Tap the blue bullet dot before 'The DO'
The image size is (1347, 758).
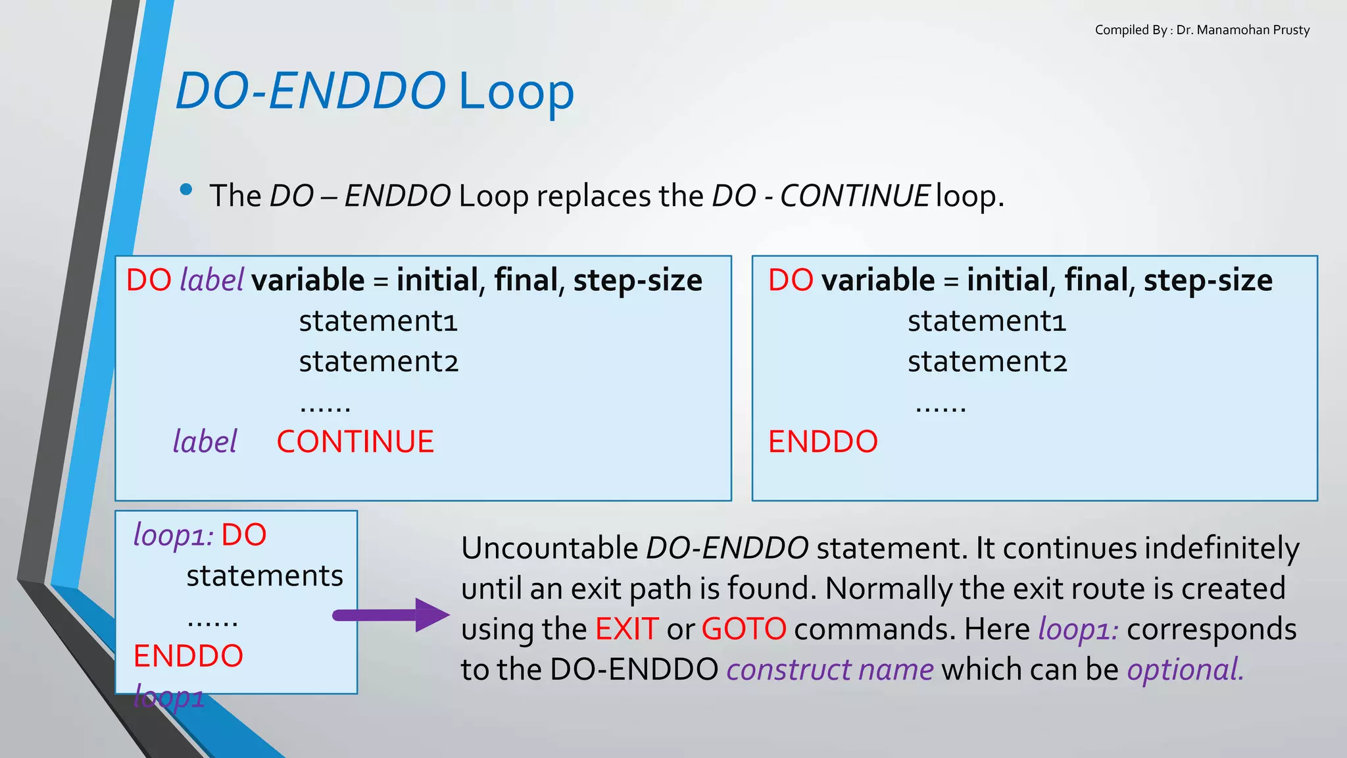(x=186, y=189)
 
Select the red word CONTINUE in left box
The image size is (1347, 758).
(x=355, y=442)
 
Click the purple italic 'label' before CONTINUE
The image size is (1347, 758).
(x=205, y=442)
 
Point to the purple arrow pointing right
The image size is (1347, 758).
(x=391, y=615)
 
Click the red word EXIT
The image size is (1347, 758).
(x=626, y=628)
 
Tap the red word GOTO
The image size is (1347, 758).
(x=743, y=628)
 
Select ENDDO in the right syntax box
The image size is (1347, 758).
(x=823, y=442)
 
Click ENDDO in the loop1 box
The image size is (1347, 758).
(x=188, y=656)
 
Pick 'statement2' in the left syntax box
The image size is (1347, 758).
(x=378, y=362)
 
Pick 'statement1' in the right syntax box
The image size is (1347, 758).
(x=987, y=321)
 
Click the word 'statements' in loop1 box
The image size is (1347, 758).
(x=264, y=576)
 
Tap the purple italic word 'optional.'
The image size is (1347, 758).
(x=1185, y=669)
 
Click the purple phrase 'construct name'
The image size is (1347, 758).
(x=829, y=669)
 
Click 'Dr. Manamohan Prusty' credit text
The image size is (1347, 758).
(x=1242, y=30)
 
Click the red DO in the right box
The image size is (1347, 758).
(x=791, y=280)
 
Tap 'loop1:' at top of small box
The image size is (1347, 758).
(x=173, y=535)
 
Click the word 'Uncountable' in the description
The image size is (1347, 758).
(x=549, y=548)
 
